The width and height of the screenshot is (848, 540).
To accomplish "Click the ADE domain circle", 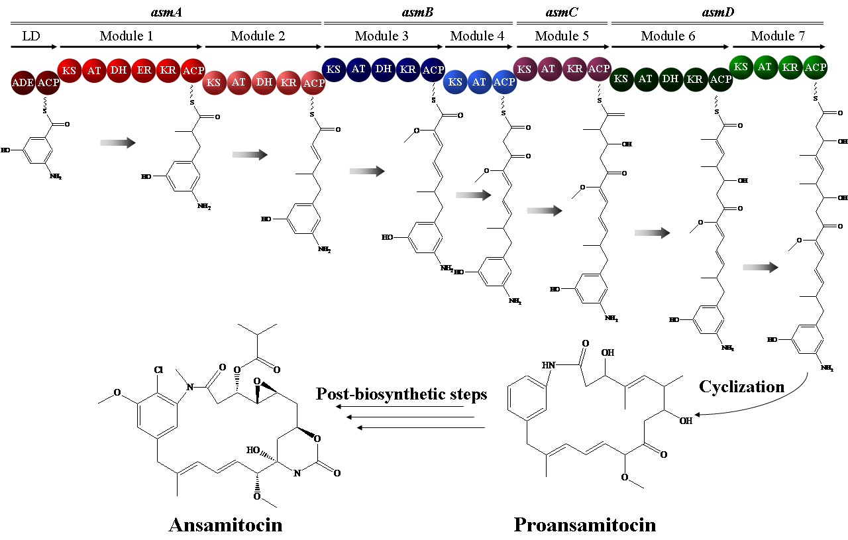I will click(23, 83).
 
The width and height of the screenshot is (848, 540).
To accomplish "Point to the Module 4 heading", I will click(476, 36).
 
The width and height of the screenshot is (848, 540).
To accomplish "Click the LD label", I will click(30, 36).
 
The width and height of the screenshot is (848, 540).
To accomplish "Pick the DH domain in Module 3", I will click(383, 69).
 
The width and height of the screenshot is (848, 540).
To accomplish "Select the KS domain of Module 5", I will click(524, 69).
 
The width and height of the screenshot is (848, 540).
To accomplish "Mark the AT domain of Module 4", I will click(480, 81).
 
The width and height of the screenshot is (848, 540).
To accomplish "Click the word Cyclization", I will click(741, 387).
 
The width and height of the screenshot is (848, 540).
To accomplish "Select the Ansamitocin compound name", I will click(225, 525).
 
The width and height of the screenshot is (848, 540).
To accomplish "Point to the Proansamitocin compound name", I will click(585, 525).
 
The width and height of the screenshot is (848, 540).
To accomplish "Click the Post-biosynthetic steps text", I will click(401, 394).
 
